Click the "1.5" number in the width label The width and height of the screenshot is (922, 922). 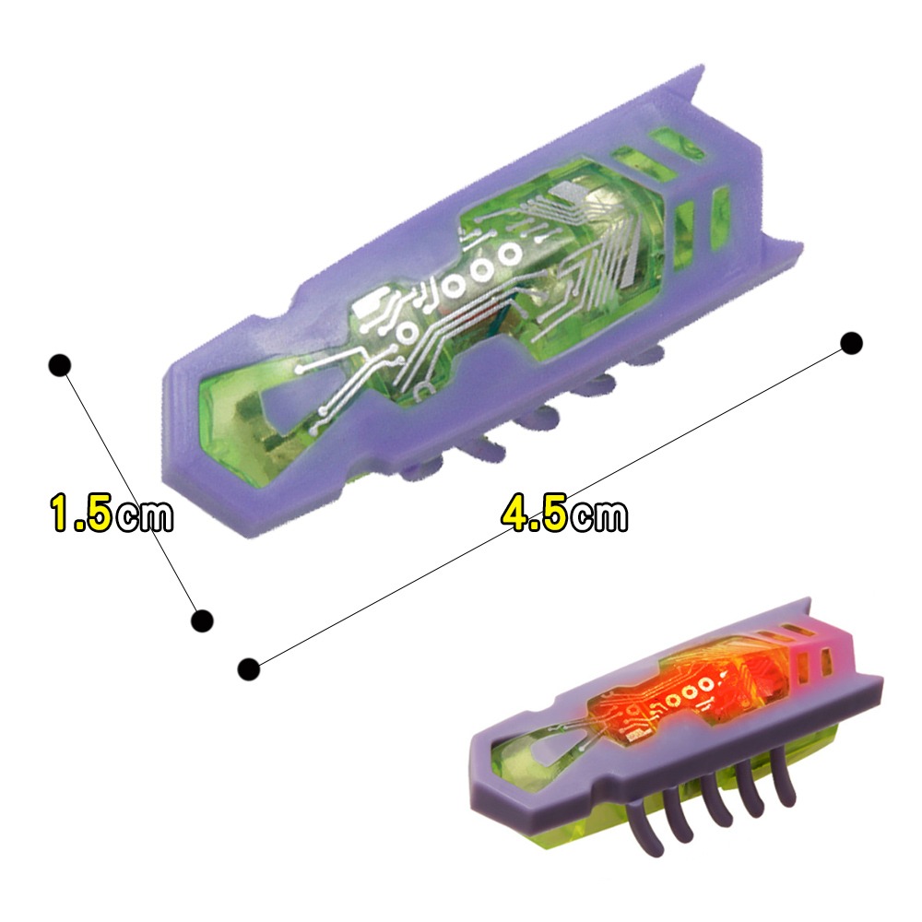coord(81,514)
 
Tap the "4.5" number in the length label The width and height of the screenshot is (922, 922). coord(534,514)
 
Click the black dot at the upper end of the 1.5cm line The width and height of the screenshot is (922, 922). coord(59,364)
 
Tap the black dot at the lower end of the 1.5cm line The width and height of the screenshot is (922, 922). coord(202,621)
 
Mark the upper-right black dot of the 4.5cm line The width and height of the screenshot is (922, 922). coord(852,343)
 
